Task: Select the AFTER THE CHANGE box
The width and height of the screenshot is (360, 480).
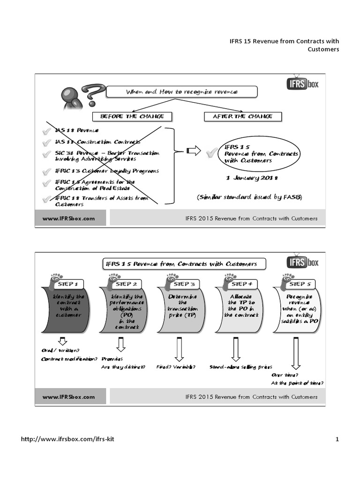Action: pos(242,116)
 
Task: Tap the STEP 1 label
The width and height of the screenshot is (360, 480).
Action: pos(70,284)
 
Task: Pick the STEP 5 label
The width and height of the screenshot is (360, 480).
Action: pos(300,284)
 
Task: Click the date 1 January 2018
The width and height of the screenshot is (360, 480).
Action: pos(252,178)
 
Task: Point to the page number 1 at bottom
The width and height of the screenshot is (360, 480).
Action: pos(337,439)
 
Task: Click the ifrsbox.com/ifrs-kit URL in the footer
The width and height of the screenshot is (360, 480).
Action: pos(68,439)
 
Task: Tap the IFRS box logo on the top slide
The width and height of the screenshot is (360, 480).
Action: pos(302,84)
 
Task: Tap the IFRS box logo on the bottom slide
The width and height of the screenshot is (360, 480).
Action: pos(302,262)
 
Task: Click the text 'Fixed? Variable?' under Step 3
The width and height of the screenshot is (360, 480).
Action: pos(176,367)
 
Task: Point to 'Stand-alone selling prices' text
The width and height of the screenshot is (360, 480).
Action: pos(240,367)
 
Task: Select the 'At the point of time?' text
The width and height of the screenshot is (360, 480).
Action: pos(297,383)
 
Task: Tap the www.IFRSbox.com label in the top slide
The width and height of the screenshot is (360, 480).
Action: pos(69,218)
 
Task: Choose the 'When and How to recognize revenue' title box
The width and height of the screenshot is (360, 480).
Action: pos(182,92)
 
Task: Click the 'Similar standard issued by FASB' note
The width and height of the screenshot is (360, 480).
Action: pos(249,197)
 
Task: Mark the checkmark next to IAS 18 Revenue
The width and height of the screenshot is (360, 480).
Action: pos(46,131)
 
